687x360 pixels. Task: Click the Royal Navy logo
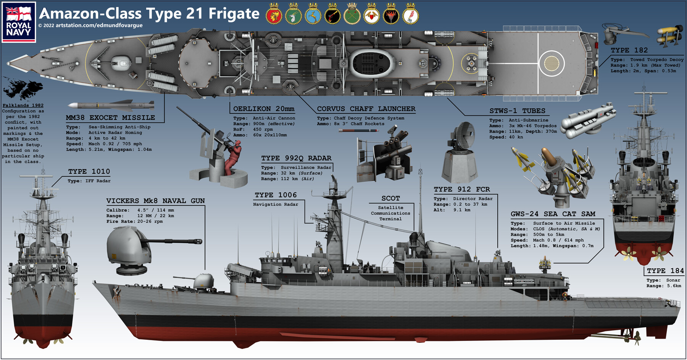[x=19, y=22]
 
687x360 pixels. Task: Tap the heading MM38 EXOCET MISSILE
[x=110, y=118]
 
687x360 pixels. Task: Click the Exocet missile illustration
[x=111, y=105]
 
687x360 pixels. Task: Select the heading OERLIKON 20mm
[x=264, y=109]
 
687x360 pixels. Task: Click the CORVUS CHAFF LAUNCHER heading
[x=366, y=109]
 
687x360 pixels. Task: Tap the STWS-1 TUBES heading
[x=517, y=111]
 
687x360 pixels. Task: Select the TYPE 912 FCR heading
[x=461, y=189]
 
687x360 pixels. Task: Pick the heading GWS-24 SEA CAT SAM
[x=553, y=214]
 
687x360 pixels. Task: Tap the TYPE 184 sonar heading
[x=665, y=271]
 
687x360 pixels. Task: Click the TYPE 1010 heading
[x=89, y=171]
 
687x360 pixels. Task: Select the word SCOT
[x=390, y=198]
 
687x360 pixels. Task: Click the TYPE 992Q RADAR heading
[x=296, y=158]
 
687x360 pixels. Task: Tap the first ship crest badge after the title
[x=274, y=15]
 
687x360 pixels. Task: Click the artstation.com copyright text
[x=90, y=26]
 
